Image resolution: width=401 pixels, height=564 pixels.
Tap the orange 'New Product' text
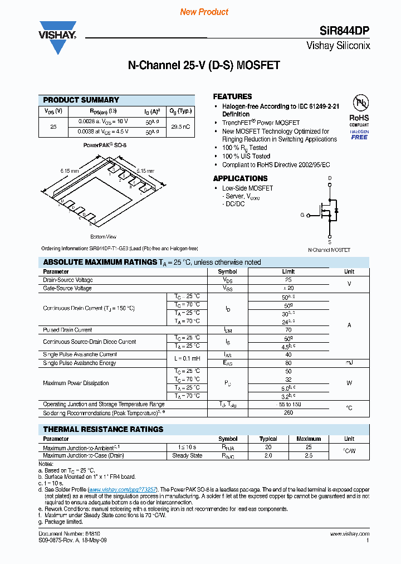coord(204,12)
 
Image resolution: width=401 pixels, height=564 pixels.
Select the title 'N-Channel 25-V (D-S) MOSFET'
coord(204,65)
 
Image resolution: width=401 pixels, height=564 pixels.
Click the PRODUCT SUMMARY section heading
coord(81,100)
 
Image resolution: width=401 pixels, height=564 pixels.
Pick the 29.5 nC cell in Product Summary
coord(180,127)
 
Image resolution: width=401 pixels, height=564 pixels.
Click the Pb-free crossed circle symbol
coord(359,103)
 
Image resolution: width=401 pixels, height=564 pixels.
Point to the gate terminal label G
coord(302,215)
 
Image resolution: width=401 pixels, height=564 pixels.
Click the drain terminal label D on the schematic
coord(330,178)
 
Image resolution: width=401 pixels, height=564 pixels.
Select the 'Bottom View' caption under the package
coord(103,237)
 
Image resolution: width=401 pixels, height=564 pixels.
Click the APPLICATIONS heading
coord(240,178)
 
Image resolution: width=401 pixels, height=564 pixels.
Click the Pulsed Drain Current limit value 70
coord(288,330)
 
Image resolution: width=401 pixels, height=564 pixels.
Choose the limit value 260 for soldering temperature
coord(288,413)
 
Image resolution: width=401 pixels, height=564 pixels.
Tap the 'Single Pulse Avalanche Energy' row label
coord(80,363)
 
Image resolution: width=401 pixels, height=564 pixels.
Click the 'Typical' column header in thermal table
coord(268,439)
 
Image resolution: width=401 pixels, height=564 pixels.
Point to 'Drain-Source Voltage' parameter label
coord(68,280)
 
